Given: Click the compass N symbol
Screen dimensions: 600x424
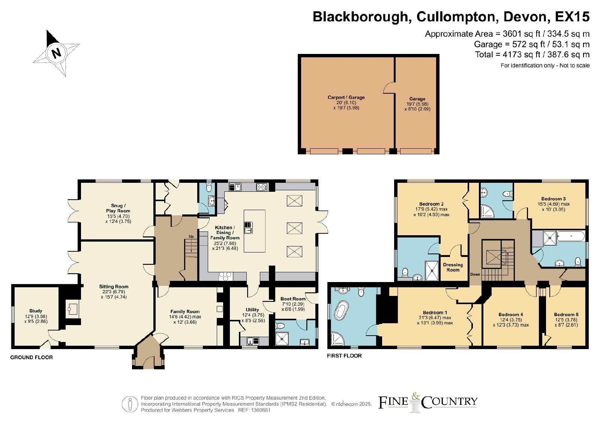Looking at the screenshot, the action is click(56, 53).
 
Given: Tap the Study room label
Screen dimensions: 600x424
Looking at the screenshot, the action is click(36, 311).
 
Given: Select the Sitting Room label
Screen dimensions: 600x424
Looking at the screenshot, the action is click(114, 287).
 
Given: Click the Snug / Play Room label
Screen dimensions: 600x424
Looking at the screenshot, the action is click(118, 208).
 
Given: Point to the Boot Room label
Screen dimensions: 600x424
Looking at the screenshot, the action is click(293, 299).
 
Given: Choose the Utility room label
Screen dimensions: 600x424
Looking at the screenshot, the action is click(252, 310).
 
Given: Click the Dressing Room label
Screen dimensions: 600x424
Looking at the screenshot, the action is click(453, 267).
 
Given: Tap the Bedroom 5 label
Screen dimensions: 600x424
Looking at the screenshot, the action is click(566, 315).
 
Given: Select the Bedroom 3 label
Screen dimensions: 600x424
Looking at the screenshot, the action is click(553, 199).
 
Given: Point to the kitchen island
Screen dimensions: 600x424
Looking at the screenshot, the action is click(255, 231).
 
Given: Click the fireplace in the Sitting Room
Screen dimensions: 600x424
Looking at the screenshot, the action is click(72, 309).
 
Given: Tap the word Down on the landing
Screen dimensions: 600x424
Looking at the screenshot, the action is click(475, 274).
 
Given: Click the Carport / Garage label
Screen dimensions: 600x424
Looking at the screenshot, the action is click(346, 97).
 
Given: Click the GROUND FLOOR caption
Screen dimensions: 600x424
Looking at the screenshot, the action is click(31, 357).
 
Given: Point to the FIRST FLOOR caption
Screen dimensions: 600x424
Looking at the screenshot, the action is click(344, 355).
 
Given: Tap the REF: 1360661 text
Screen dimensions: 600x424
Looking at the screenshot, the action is click(254, 410).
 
